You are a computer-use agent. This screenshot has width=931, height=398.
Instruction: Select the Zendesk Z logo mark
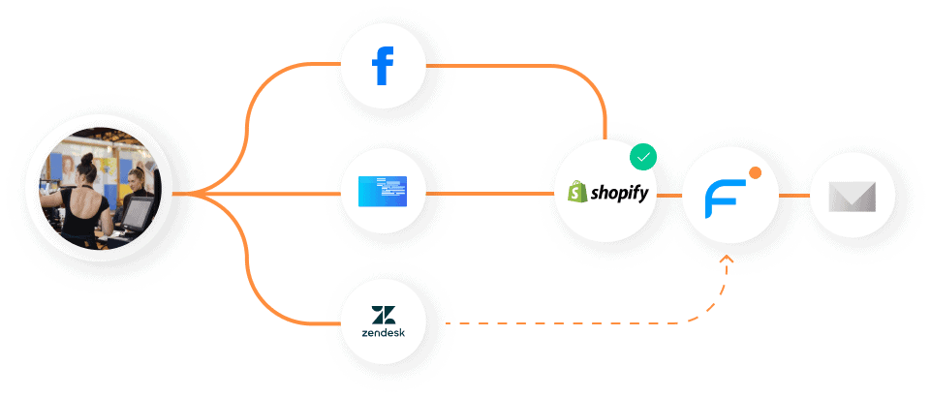[383, 316]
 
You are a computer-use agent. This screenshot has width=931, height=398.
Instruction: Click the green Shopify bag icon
[577, 191]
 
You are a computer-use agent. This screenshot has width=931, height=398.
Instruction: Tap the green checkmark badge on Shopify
[642, 156]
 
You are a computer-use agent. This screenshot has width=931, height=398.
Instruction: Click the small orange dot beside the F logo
[755, 172]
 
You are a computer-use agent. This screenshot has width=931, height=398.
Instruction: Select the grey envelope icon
[852, 196]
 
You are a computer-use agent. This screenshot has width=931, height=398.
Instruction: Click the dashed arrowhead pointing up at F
[728, 260]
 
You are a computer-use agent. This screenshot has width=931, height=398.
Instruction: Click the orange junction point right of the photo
[193, 193]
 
